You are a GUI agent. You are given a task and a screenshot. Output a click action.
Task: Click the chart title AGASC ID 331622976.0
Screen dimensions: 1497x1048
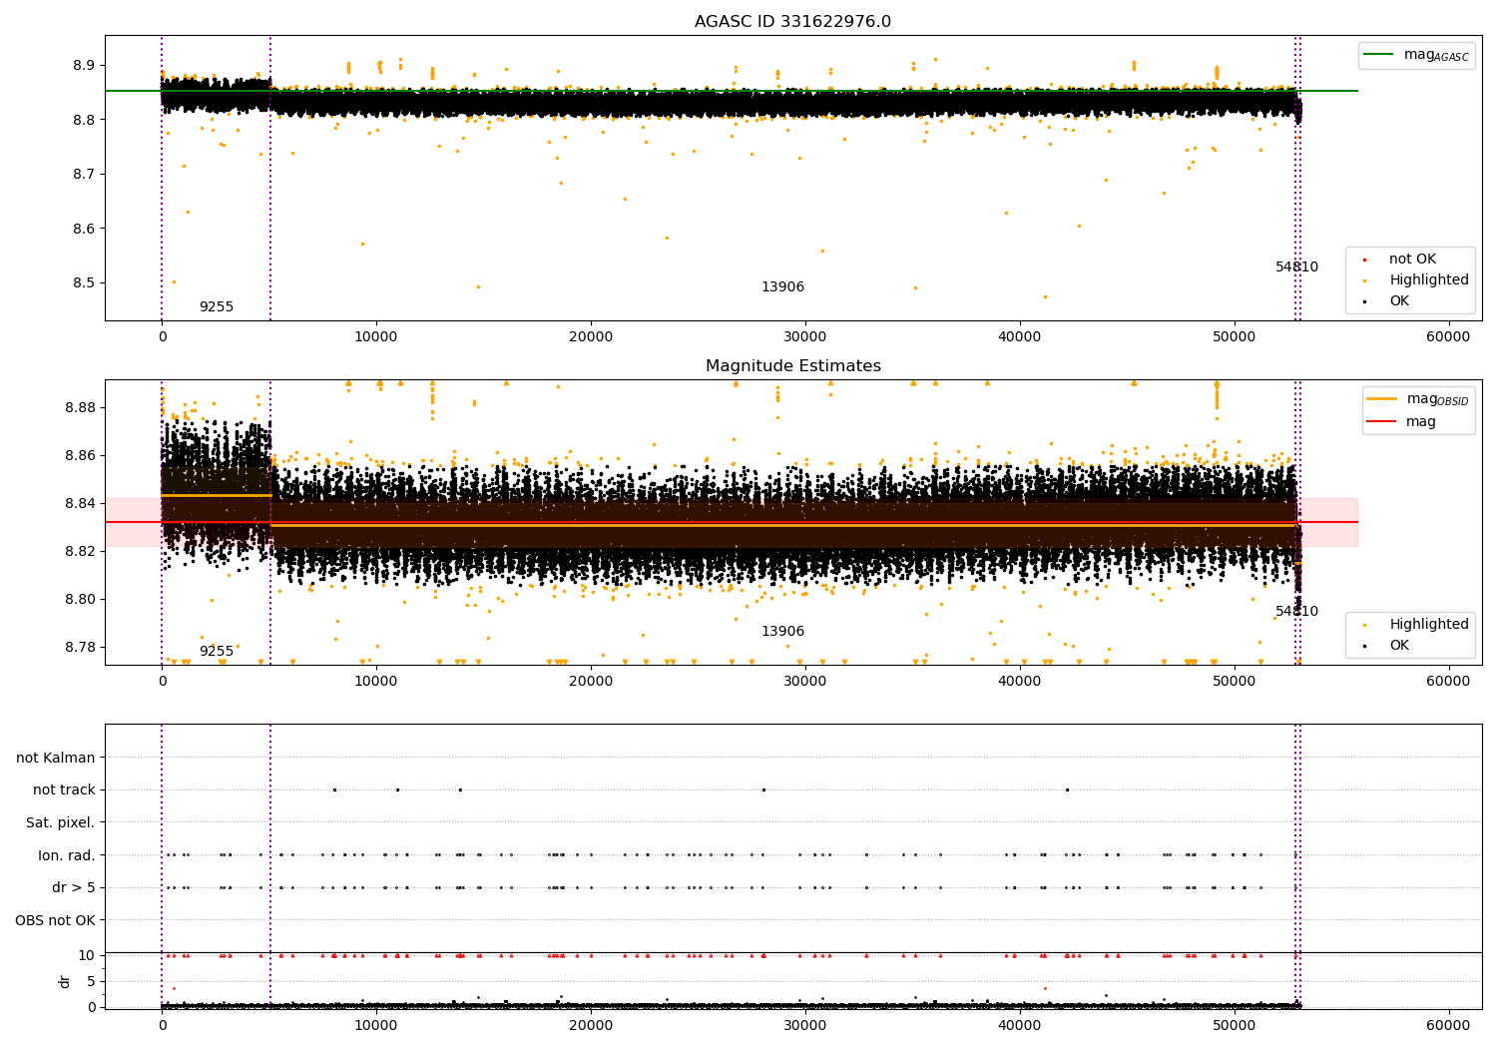792,21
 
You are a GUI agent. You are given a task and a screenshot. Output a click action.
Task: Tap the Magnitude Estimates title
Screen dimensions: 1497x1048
793,365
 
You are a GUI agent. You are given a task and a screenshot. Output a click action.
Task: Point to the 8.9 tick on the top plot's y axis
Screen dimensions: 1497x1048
84,65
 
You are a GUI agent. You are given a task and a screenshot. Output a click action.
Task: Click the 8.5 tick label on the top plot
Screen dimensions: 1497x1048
84,282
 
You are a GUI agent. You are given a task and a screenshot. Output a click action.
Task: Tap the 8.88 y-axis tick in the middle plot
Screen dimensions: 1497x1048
80,407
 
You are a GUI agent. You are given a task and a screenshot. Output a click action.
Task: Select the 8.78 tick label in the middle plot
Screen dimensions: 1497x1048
80,647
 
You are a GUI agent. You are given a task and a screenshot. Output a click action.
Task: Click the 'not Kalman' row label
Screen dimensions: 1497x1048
56,758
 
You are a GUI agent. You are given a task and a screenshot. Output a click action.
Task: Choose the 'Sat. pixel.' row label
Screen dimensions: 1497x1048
60,822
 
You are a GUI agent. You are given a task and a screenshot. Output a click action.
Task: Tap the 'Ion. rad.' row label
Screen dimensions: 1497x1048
66,855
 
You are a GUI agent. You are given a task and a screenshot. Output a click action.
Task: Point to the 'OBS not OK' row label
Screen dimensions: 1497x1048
55,920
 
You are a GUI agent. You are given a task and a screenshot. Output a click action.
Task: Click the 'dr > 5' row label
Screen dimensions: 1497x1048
74,887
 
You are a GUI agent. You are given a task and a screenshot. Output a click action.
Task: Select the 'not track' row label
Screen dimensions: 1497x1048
64,790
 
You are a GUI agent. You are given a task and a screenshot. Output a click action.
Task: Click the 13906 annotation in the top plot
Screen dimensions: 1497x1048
782,286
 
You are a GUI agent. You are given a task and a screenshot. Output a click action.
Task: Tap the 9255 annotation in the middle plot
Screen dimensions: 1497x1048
217,651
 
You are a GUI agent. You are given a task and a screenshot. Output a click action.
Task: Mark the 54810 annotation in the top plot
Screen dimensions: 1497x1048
1296,266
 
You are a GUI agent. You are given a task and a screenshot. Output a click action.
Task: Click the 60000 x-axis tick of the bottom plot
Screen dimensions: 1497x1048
1447,1025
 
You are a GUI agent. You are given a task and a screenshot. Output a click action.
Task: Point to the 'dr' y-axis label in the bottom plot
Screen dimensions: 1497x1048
64,981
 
